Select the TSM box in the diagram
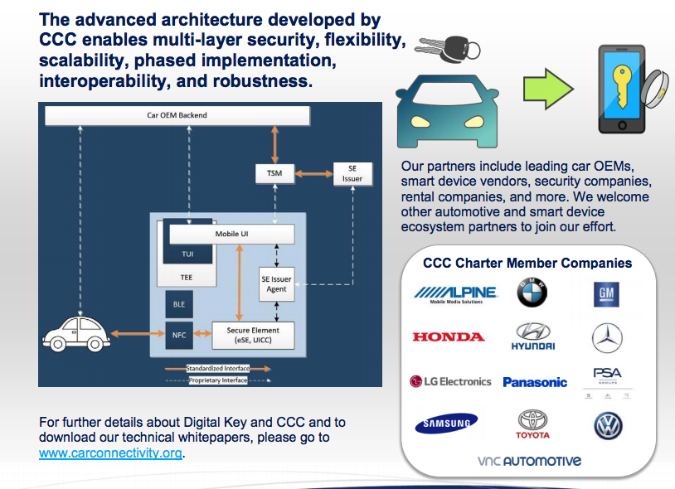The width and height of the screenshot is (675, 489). click(x=274, y=174)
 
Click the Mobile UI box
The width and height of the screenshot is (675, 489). click(x=231, y=235)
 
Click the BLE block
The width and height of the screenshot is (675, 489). click(x=179, y=304)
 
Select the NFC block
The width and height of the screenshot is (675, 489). click(x=179, y=336)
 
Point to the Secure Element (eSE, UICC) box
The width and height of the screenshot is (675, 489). click(x=253, y=335)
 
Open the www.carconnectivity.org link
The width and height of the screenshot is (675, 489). click(x=110, y=453)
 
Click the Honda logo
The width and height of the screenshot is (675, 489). click(x=448, y=336)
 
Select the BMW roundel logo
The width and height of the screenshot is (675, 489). click(x=532, y=292)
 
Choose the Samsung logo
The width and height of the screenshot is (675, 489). click(x=446, y=424)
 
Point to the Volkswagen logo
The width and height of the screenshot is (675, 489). click(x=608, y=425)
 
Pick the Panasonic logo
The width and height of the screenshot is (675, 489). click(x=535, y=382)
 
